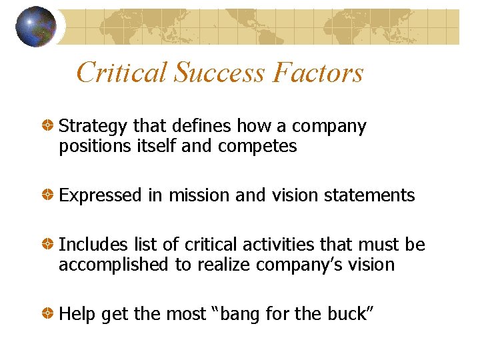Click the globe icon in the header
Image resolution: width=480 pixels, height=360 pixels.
pyautogui.click(x=35, y=27)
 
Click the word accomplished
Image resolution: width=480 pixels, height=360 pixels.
pyautogui.click(x=114, y=265)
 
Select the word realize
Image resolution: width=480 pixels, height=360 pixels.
pyautogui.click(x=218, y=265)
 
